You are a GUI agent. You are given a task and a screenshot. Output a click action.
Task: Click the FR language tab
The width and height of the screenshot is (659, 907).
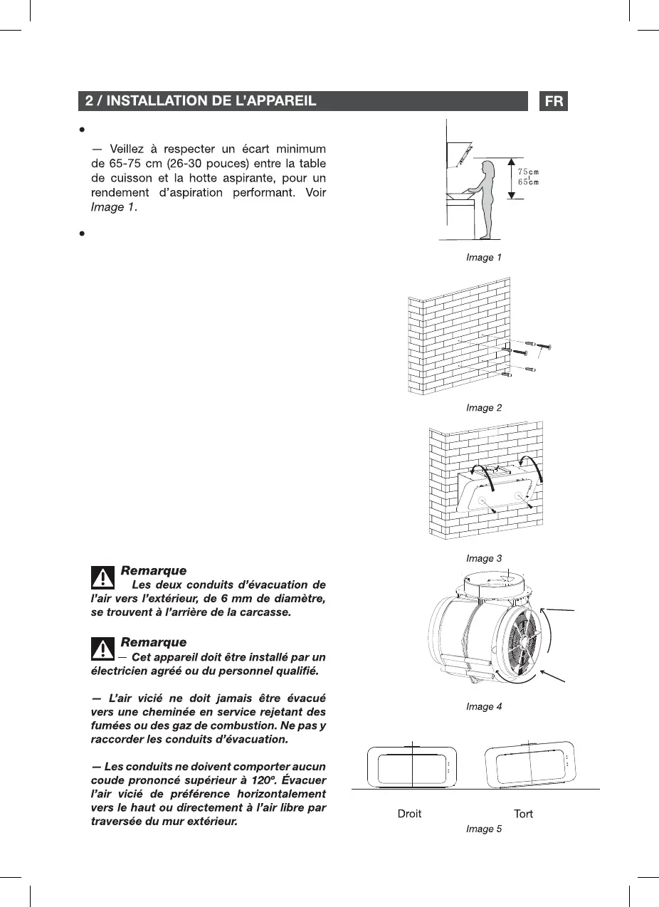[554, 101]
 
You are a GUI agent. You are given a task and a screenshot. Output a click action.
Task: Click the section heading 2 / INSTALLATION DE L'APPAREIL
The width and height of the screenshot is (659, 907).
[201, 101]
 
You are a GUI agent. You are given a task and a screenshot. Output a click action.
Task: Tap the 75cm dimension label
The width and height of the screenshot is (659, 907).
[527, 172]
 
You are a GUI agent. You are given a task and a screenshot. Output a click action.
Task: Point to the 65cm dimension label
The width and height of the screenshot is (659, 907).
[527, 182]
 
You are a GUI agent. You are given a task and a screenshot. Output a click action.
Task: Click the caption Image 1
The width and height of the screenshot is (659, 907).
[484, 258]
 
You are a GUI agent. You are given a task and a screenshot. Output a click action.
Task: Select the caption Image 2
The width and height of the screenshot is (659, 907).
[484, 408]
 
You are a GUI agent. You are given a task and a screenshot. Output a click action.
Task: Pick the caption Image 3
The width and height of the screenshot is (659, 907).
[484, 559]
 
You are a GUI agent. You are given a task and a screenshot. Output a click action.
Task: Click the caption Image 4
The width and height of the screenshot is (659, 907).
[484, 707]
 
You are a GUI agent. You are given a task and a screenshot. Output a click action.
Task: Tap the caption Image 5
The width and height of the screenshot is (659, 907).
[484, 829]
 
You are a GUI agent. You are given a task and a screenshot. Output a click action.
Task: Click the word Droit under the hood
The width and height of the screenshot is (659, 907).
[409, 814]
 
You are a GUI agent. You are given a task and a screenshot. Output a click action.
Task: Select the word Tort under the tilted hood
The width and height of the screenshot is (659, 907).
[523, 814]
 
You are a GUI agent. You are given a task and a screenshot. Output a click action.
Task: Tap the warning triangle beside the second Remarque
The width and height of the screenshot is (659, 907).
[103, 649]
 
